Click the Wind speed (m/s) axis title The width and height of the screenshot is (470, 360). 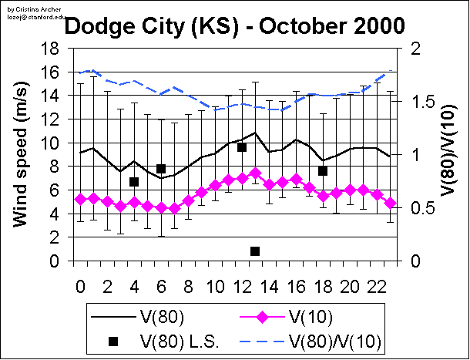click(x=22, y=155)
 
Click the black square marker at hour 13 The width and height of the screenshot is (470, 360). click(x=255, y=251)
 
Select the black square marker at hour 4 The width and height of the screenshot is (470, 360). click(x=134, y=182)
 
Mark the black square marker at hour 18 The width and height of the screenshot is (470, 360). click(x=323, y=170)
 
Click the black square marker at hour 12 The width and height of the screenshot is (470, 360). click(x=241, y=146)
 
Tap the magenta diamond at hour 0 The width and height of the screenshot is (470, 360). click(x=80, y=199)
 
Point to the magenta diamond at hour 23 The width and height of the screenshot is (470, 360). click(x=390, y=203)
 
